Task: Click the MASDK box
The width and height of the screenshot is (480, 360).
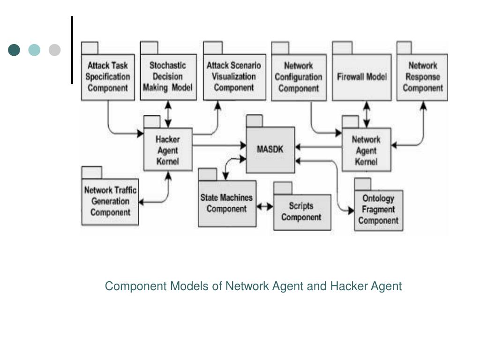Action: (x=270, y=150)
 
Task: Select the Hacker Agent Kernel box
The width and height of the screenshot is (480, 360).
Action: (x=168, y=150)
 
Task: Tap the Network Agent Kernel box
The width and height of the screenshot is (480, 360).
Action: (x=366, y=150)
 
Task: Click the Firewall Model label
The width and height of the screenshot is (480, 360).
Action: (x=362, y=76)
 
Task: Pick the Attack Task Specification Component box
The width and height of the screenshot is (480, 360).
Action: (x=108, y=77)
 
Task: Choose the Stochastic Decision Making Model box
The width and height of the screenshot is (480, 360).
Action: (x=168, y=77)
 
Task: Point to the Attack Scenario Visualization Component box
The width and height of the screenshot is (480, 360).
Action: (x=234, y=77)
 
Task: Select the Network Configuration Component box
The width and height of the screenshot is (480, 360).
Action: (x=299, y=77)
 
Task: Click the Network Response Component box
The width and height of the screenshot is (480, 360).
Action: (x=422, y=77)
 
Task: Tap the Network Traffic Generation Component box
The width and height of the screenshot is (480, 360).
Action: (x=110, y=202)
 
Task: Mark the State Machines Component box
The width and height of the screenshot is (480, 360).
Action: (x=227, y=203)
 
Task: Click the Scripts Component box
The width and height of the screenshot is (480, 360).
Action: (x=302, y=212)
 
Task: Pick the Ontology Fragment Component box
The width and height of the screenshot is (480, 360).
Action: (x=379, y=210)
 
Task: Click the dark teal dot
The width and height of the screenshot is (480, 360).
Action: (x=14, y=50)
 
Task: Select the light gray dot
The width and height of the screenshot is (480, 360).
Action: (x=54, y=50)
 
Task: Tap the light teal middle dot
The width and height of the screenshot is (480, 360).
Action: (x=34, y=50)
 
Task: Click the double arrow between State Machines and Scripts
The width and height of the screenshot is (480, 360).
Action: (x=265, y=207)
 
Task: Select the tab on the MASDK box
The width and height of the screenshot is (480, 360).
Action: (x=255, y=121)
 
